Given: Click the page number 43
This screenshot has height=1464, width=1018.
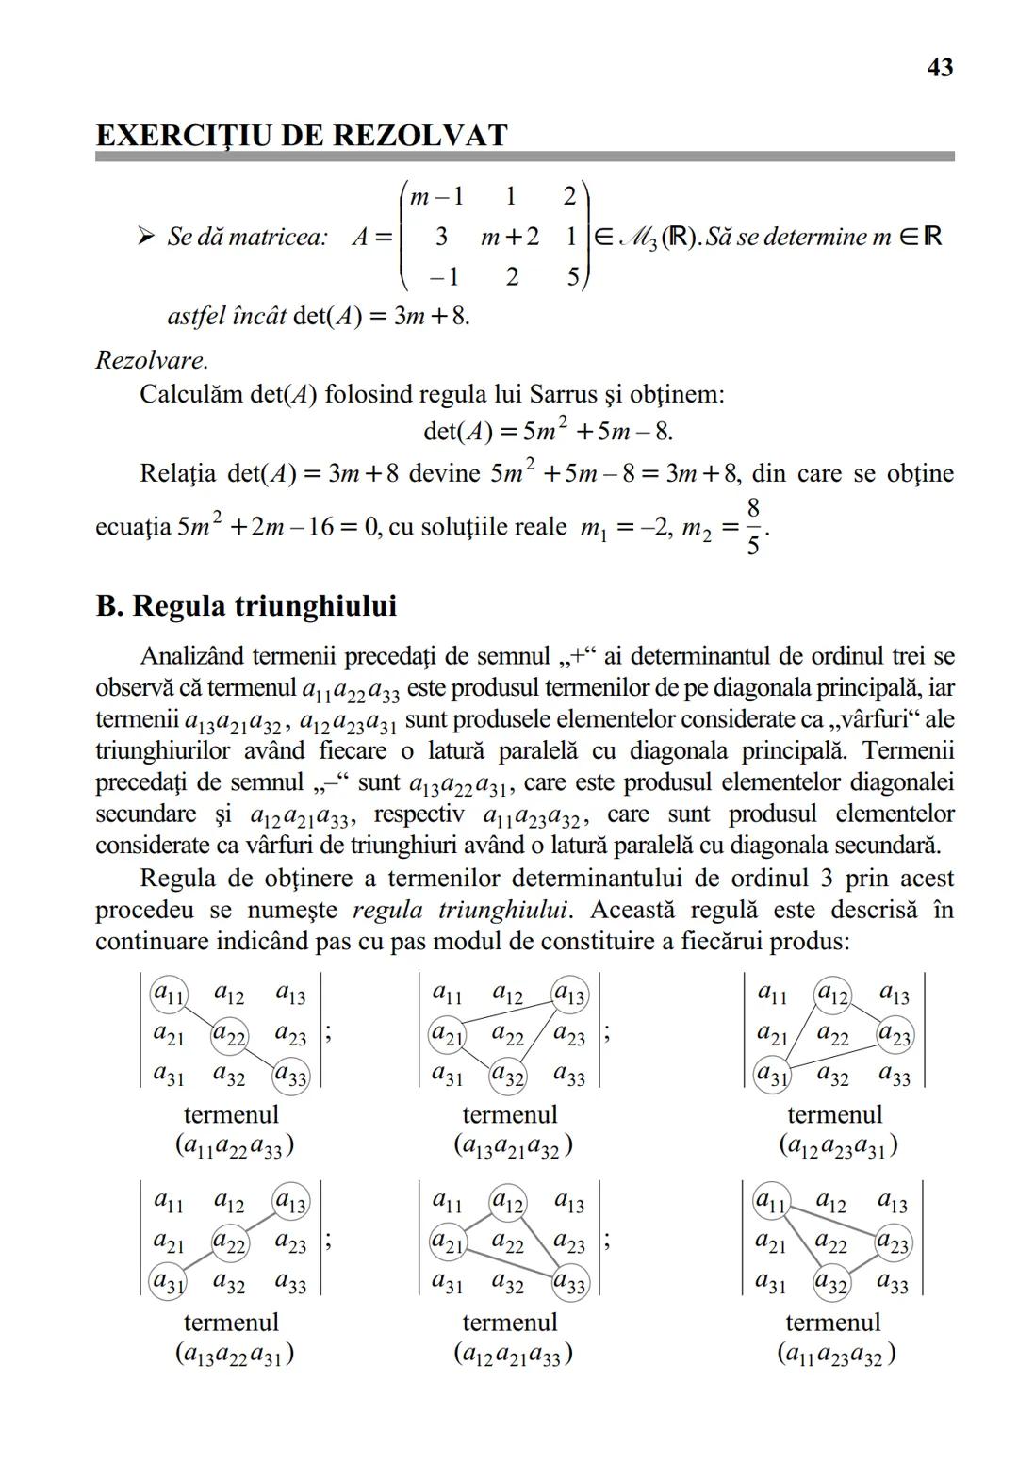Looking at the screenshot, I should [940, 68].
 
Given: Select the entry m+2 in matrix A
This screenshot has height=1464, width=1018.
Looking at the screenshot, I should [509, 237].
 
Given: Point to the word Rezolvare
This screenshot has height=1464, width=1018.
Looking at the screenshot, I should [152, 360].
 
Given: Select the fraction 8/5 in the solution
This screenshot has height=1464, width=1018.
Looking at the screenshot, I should [752, 527].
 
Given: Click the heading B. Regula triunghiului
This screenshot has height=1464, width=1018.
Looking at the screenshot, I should [246, 605].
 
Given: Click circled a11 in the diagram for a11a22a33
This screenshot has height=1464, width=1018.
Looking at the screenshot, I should [169, 994].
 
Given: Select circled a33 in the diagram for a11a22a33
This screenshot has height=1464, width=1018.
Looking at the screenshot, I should [291, 1077].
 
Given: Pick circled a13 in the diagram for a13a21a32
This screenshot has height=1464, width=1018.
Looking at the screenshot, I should [569, 995].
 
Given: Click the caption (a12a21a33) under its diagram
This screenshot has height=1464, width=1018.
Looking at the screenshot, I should [513, 1355].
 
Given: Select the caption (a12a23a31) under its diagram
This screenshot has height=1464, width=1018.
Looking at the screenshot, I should [837, 1146].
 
